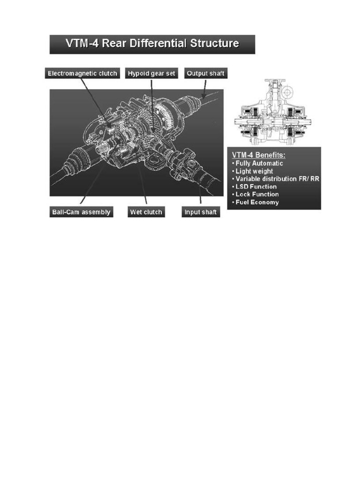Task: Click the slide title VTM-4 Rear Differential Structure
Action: tap(152, 44)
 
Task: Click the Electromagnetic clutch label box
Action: tap(82, 74)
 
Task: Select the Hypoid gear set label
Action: tap(151, 74)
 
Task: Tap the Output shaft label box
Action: tap(206, 74)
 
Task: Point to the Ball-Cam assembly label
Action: tap(81, 212)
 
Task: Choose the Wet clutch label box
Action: tap(146, 212)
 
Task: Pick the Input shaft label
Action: tap(201, 212)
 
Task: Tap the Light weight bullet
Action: tap(254, 171)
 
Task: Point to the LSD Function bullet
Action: tap(256, 187)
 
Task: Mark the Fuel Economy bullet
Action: tap(257, 202)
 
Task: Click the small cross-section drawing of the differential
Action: tap(270, 112)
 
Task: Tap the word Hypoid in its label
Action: tap(140, 74)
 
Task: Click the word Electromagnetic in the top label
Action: tap(70, 74)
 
